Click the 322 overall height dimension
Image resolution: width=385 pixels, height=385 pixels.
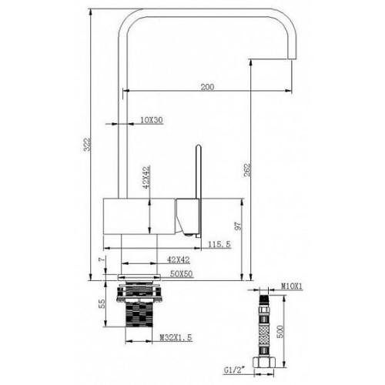point(87,145)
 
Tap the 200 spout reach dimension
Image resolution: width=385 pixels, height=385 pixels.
point(207,87)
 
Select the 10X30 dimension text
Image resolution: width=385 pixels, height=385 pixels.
point(152,120)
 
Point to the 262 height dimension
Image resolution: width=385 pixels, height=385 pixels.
point(246,169)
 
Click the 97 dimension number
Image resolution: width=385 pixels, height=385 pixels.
point(239,226)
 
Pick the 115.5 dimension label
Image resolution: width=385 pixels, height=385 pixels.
point(219,244)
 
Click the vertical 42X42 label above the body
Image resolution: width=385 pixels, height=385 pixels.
point(146,177)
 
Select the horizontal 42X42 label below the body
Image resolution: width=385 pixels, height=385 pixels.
point(179,259)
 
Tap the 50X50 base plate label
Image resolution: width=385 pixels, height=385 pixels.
point(181,273)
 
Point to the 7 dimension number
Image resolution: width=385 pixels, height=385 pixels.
point(102,259)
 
